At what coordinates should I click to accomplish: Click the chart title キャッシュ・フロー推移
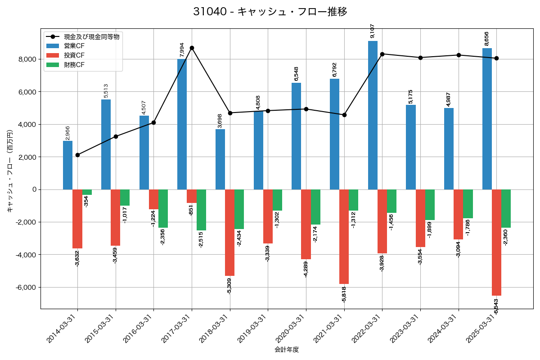pos(270,12)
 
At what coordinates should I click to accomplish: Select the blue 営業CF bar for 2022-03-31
pos(373,115)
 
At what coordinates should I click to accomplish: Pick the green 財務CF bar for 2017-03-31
pos(201,210)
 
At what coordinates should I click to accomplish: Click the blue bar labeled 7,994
pos(182,124)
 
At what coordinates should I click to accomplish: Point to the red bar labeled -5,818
pos(344,236)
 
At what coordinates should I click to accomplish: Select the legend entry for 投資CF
pos(74,55)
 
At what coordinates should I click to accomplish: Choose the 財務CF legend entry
pos(74,65)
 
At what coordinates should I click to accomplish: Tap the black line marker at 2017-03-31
pos(192,48)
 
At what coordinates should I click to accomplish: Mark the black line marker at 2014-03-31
pos(77,155)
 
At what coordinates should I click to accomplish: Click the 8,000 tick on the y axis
pos(27,59)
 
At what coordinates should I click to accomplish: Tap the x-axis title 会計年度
pos(287,350)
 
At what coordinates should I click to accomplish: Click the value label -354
pos(86,201)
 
